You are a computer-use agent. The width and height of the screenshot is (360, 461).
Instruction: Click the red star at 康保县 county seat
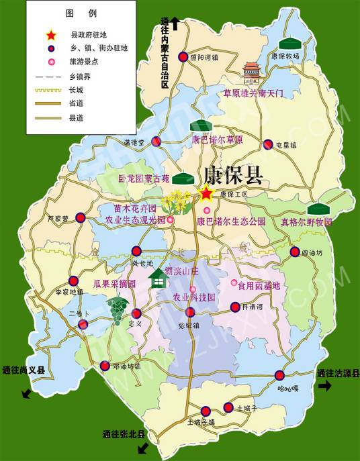[206, 195]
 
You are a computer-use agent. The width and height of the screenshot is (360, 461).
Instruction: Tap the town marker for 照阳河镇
[183, 58]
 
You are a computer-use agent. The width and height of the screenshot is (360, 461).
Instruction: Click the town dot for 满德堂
[156, 142]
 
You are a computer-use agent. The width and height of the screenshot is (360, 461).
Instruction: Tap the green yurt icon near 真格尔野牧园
[317, 209]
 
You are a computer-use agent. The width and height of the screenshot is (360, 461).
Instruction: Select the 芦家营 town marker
[81, 217]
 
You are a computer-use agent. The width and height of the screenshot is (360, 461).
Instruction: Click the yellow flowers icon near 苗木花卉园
[179, 199]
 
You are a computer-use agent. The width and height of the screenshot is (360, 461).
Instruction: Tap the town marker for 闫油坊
[295, 252]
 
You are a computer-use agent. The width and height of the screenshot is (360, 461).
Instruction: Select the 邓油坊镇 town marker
[105, 366]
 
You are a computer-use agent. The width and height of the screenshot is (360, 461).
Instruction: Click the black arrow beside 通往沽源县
[326, 386]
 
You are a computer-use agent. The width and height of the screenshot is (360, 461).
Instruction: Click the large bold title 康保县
[233, 174]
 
